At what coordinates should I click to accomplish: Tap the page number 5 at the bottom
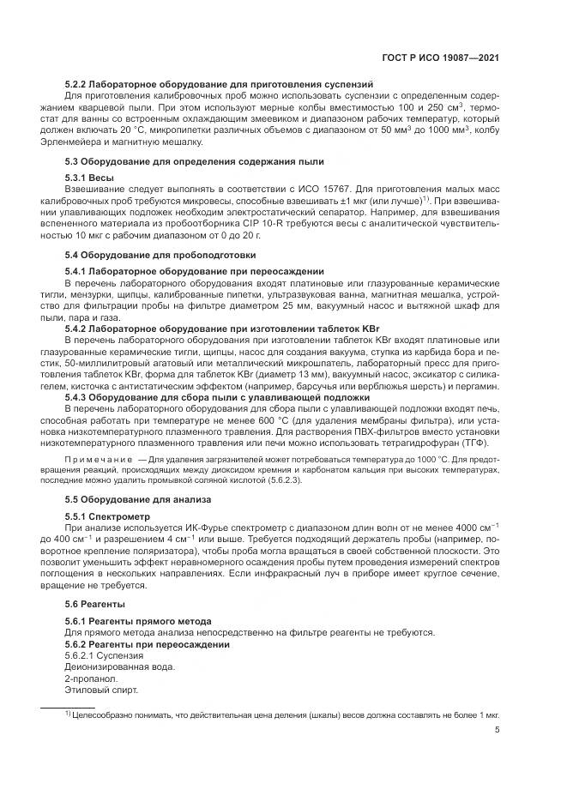pos(498,732)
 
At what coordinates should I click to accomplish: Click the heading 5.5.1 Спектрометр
pos(107,517)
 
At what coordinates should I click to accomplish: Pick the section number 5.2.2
pos(78,86)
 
